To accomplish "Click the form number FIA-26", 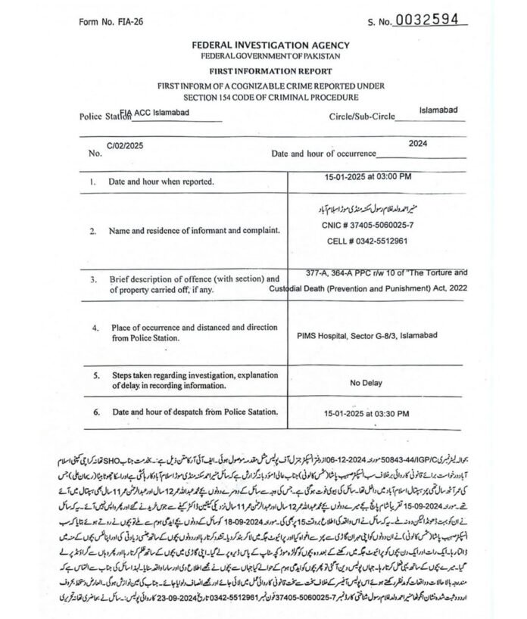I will (x=111, y=22).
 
